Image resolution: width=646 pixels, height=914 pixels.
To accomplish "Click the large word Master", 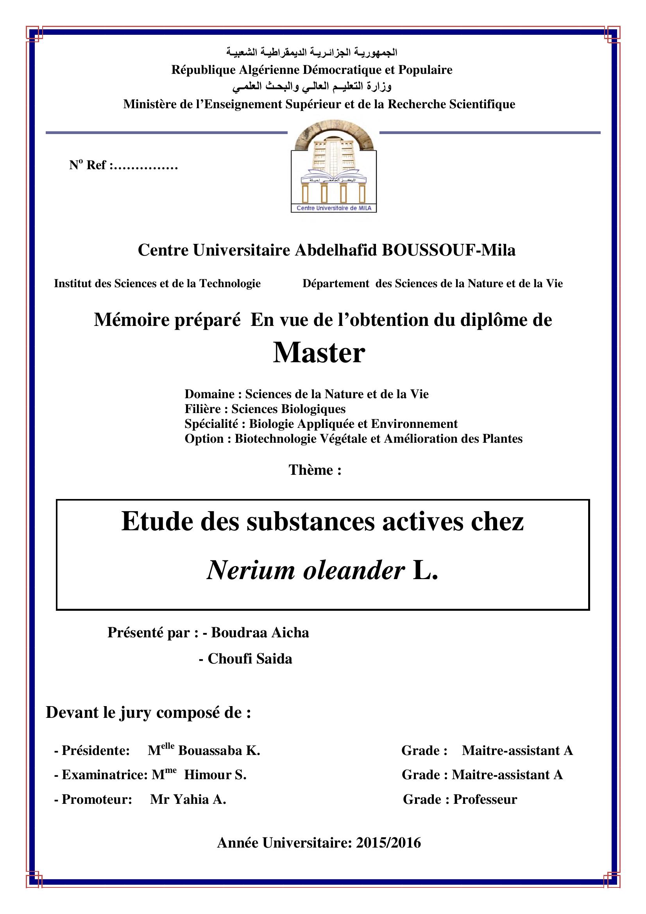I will pos(319,353).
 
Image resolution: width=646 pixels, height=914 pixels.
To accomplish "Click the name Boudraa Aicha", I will pos(260,633).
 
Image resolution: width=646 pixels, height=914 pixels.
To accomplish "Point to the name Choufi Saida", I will pos(250,659).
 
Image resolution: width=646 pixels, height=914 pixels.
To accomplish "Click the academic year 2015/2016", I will pos(388,843).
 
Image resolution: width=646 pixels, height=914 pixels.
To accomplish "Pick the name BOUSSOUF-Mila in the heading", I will pos(449,250).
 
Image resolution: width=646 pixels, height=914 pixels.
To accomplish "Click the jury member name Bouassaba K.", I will pos(219,750).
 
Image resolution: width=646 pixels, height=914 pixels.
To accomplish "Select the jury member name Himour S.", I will pos(215,774).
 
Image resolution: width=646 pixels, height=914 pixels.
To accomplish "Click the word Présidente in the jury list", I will pos(95,750).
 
